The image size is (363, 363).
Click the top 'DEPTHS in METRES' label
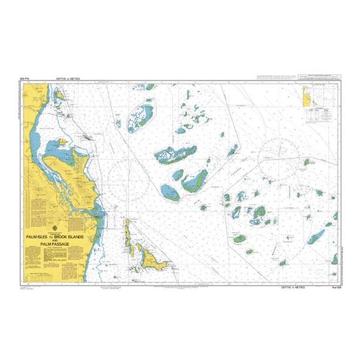[x=73, y=78]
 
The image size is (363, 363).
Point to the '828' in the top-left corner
[x=26, y=78]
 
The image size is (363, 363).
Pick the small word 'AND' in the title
[x=55, y=237]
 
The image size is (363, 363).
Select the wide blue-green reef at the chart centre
[x=175, y=154]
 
